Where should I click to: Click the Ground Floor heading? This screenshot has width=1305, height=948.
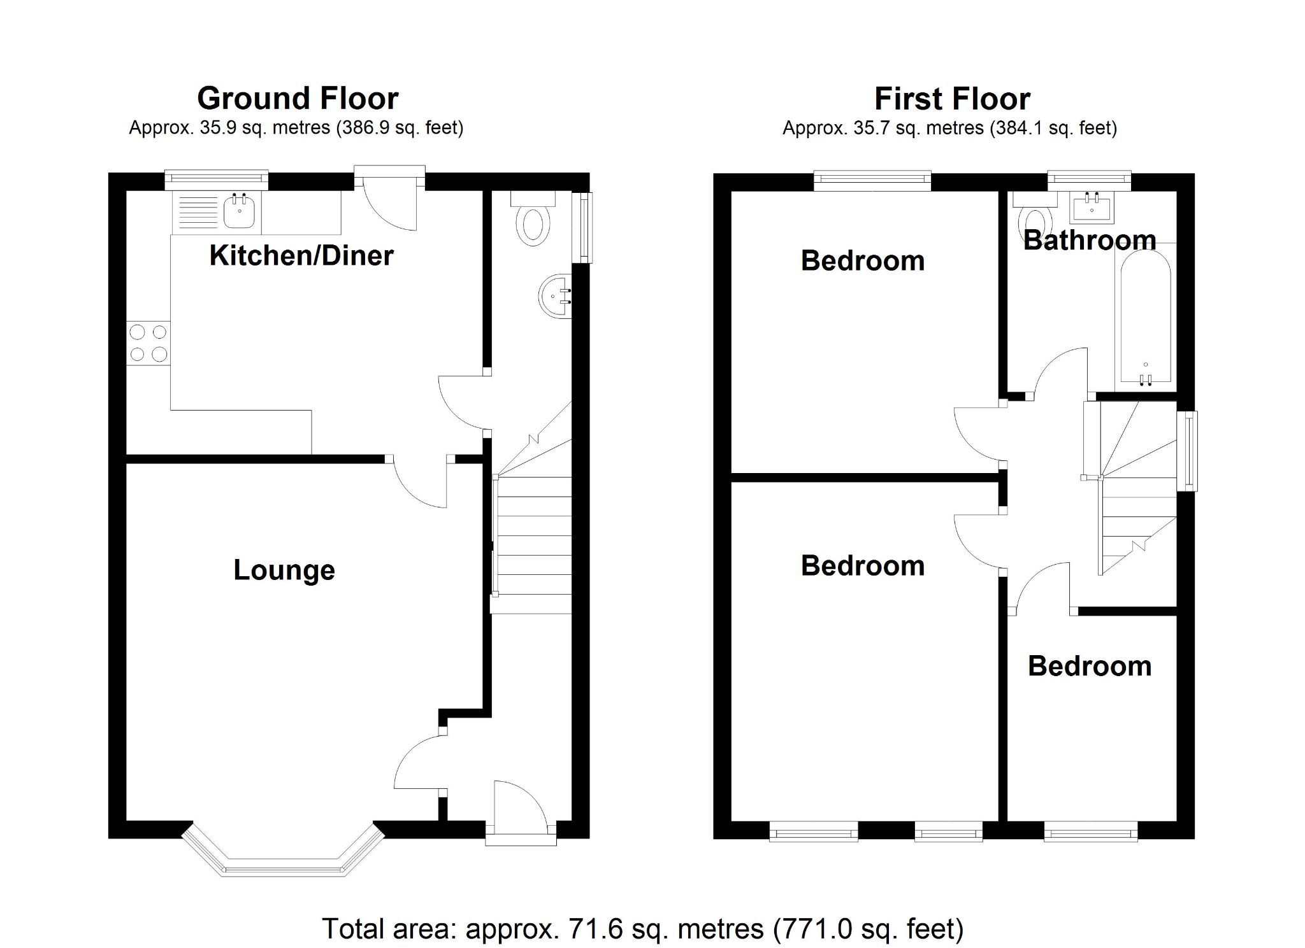(298, 99)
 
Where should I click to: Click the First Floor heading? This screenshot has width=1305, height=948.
(952, 99)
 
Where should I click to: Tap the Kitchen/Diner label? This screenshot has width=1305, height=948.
(301, 255)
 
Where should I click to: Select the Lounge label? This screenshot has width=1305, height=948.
(284, 570)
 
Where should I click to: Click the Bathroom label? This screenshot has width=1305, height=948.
(1090, 240)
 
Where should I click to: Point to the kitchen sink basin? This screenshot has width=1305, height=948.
(240, 212)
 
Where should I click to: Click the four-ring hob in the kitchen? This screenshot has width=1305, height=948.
(148, 343)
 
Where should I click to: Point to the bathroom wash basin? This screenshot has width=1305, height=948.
(1092, 208)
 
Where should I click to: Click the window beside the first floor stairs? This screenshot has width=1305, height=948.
(1189, 451)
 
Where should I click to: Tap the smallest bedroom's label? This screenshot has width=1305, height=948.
(1090, 666)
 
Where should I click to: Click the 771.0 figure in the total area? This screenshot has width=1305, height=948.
(812, 929)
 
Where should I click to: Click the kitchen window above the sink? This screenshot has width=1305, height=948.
(216, 181)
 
